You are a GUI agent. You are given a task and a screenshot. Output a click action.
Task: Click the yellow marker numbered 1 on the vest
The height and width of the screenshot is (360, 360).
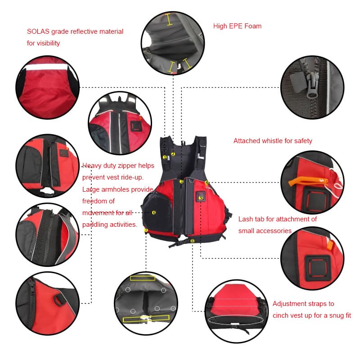[165, 157]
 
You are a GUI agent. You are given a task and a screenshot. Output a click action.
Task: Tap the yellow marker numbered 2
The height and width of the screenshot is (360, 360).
[173, 154]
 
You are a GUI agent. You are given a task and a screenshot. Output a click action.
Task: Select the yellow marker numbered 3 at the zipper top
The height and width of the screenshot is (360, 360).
[181, 182]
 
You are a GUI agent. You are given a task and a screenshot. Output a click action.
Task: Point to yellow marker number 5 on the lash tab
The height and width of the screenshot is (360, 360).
[201, 198]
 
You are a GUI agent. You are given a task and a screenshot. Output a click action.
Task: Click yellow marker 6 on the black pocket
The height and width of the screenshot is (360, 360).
[154, 212]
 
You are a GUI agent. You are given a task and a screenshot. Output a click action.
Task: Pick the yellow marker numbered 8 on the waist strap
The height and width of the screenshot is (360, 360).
[193, 241]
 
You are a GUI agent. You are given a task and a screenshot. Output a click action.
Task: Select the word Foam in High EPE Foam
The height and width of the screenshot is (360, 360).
[253, 26]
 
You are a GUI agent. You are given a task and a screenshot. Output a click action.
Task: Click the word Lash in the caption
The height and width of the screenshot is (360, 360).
[246, 219]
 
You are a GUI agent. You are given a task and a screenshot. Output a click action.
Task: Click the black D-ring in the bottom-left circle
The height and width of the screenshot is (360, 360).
[58, 300]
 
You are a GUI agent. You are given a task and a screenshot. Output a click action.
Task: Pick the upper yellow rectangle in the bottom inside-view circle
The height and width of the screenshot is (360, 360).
[142, 278]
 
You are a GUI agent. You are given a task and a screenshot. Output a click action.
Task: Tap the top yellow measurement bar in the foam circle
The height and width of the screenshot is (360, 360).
[169, 19]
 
